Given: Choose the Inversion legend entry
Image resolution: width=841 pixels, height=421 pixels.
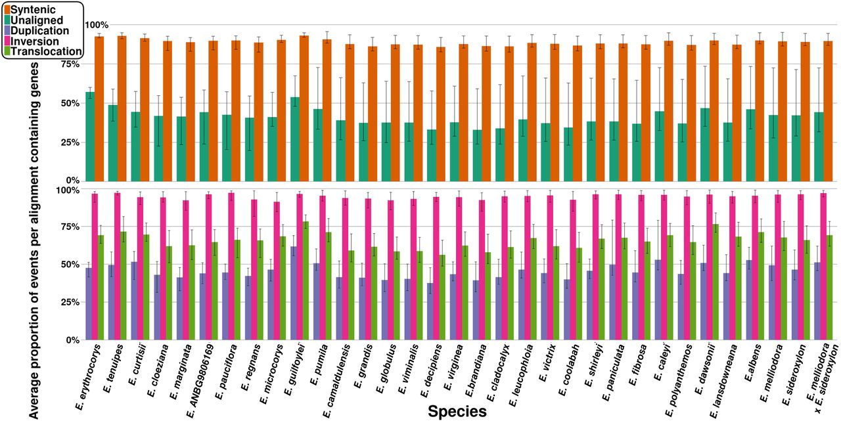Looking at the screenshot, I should pyautogui.click(x=35, y=41).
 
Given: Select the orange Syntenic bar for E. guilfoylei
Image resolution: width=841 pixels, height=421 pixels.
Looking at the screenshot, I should pyautogui.click(x=304, y=108).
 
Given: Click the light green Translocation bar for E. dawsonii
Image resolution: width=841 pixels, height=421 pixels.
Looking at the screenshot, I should pyautogui.click(x=715, y=282).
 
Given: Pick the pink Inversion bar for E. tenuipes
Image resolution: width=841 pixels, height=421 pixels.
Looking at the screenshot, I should pyautogui.click(x=117, y=267).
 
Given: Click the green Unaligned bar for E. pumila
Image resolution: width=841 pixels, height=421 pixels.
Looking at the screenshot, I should pyautogui.click(x=318, y=145).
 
